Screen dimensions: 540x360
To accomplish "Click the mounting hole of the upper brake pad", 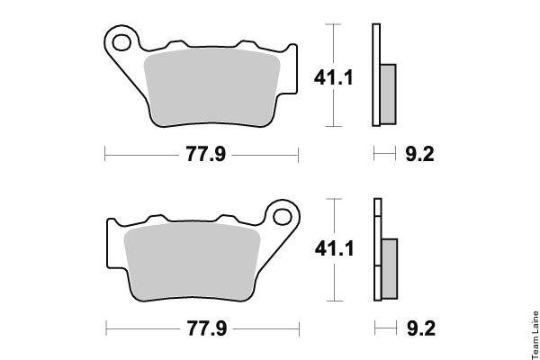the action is (121, 42).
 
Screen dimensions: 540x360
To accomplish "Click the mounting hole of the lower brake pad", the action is (283, 217).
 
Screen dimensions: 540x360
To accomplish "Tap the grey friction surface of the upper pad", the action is (211, 87).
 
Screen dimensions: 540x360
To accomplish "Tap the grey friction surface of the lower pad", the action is (192, 262).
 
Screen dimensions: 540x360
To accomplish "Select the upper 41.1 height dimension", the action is (333, 77).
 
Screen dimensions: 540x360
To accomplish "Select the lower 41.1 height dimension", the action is (335, 248).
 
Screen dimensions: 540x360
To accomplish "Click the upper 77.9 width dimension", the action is (206, 154).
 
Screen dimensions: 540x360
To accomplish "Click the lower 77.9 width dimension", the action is (207, 328).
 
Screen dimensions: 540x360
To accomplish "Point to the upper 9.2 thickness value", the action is (419, 154).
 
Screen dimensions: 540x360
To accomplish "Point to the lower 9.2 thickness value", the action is (421, 328).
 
